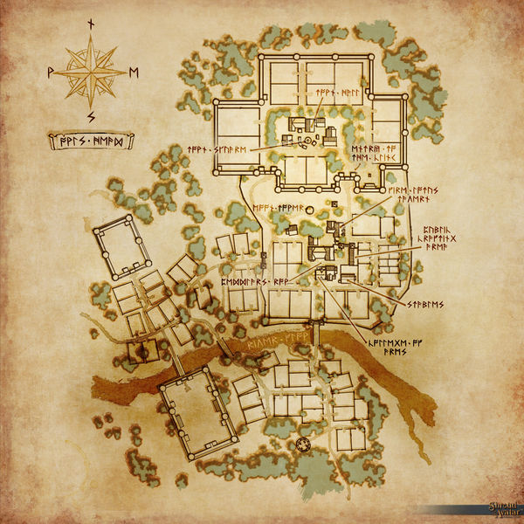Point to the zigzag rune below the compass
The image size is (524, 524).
point(92,115)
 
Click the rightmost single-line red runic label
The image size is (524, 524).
point(425,304)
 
